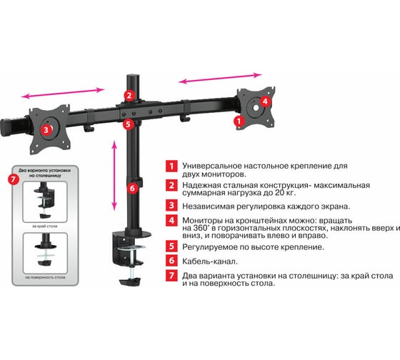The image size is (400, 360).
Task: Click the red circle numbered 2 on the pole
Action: click(x=129, y=95)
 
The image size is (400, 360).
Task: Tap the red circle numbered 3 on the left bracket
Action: click(x=46, y=130)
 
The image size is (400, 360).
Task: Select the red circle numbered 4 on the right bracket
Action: click(x=265, y=101)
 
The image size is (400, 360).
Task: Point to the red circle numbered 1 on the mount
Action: click(x=239, y=121)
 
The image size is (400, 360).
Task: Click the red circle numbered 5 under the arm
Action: click(x=128, y=124)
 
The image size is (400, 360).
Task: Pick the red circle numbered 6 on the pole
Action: click(x=132, y=189)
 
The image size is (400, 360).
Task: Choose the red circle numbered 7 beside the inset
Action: click(x=14, y=179)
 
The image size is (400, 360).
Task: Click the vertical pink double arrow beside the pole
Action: click(x=114, y=175)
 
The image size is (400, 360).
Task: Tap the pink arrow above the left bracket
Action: click(x=63, y=93)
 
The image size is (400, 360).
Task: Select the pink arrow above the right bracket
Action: click(x=220, y=79)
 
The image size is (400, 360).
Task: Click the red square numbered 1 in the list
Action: click(x=171, y=166)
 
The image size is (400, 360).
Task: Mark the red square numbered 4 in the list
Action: click(x=171, y=220)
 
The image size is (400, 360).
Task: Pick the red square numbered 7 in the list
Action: click(x=171, y=275)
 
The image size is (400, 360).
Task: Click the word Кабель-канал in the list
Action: click(x=210, y=261)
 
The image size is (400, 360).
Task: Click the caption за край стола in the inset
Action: click(x=44, y=226)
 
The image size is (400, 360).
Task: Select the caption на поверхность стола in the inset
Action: click(x=45, y=277)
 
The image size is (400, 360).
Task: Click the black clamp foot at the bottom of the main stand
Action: click(x=130, y=282)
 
